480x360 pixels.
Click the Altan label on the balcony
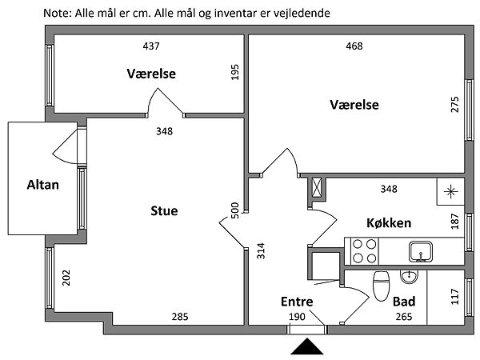44,185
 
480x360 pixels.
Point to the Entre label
297,302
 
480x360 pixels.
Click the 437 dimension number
150,46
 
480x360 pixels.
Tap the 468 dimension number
354,46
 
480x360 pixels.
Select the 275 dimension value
455,105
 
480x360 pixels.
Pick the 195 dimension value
235,73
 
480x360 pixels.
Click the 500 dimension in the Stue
235,210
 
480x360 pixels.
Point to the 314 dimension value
260,252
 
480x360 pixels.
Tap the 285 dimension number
180,317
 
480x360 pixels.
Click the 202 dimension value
66,278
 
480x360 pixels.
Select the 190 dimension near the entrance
297,317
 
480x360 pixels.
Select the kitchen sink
419,251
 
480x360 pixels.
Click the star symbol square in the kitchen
450,190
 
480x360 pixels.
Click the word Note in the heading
57,14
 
